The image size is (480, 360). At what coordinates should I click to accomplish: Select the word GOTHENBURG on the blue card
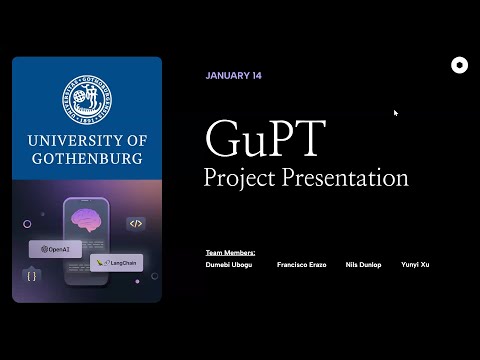(86, 159)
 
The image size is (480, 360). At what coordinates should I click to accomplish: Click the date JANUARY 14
(234, 76)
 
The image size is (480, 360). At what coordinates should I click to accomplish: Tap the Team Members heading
(230, 253)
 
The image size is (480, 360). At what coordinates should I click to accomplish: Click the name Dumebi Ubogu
(229, 265)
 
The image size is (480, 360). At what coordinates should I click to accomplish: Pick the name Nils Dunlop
(363, 265)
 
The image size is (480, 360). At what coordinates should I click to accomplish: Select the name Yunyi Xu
(415, 265)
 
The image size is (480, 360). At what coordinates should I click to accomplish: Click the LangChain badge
(116, 263)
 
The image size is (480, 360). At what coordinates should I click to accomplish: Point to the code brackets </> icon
(136, 224)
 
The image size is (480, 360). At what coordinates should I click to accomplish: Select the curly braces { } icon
(32, 274)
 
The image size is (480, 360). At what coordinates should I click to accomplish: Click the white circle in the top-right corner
(459, 66)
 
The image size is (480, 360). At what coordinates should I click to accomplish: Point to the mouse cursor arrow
(396, 113)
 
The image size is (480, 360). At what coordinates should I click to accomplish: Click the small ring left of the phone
(27, 224)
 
